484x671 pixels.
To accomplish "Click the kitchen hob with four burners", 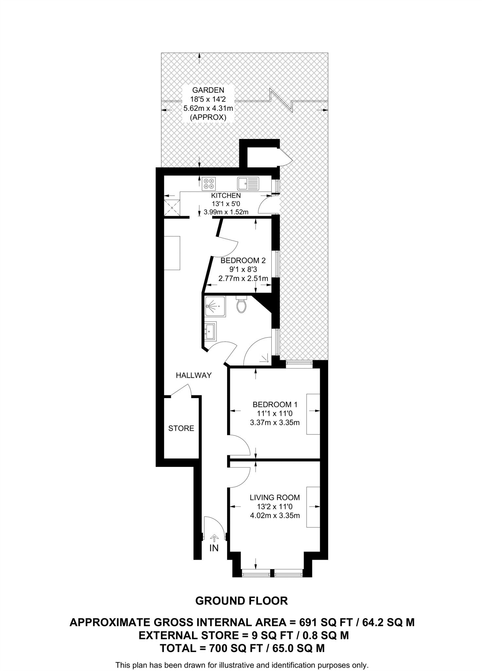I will (x=209, y=183).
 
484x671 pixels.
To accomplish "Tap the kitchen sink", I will (x=248, y=183).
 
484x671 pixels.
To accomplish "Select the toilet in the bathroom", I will (x=242, y=305).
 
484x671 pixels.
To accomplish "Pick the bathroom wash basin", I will (x=210, y=331).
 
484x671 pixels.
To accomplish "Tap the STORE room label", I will (x=181, y=428).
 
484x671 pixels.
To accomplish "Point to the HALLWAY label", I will (x=194, y=375).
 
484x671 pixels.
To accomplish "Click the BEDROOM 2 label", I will (x=243, y=261).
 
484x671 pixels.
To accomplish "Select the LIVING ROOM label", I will (x=275, y=497).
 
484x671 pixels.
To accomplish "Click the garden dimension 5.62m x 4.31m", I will (x=208, y=108).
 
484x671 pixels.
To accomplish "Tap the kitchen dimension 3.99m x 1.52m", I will (x=226, y=212).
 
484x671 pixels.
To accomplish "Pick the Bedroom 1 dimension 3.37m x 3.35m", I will (x=275, y=423).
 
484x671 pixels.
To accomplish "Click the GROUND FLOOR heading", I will (x=242, y=601).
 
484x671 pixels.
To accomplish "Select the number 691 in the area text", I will (x=311, y=622).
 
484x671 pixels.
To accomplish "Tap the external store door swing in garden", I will (x=286, y=159).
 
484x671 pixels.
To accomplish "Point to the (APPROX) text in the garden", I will (x=208, y=117).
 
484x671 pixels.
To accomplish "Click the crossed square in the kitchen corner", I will (x=172, y=207).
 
